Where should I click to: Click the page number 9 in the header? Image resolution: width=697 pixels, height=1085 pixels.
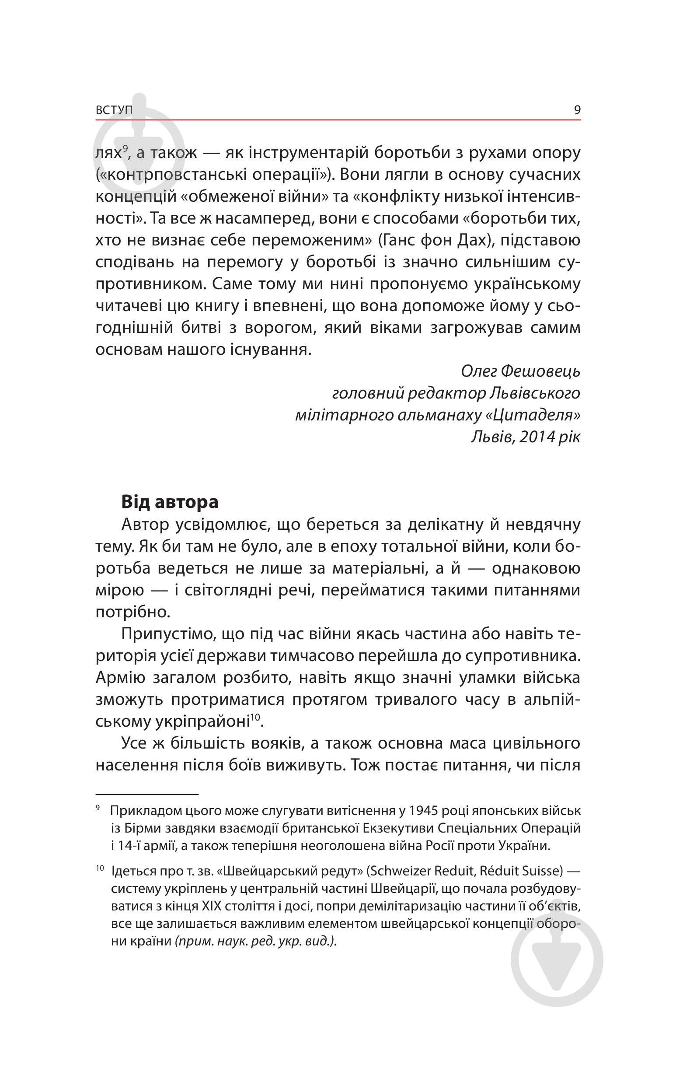click(577, 110)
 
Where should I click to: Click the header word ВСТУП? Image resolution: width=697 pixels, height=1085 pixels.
click(114, 110)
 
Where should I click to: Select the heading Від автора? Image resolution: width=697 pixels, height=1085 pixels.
click(170, 502)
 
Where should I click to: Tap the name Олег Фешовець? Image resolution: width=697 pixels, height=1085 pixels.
click(520, 371)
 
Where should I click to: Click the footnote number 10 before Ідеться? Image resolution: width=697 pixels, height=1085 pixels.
click(100, 868)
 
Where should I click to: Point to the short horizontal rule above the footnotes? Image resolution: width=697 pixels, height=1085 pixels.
click(147, 794)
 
